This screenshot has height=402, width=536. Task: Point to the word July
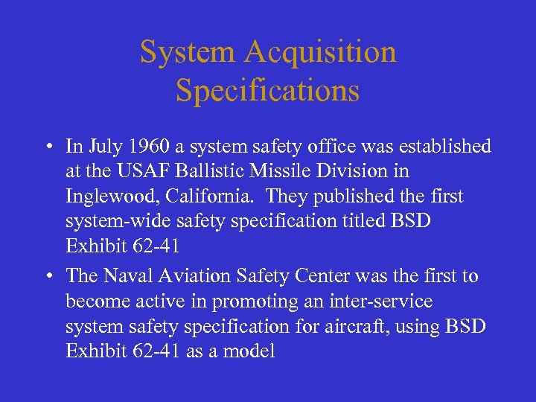100,146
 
